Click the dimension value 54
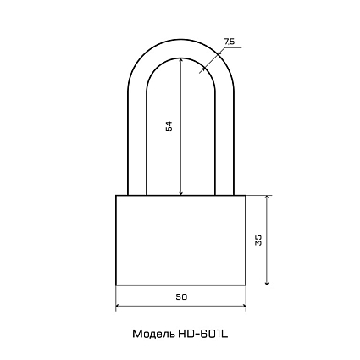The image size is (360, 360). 169,126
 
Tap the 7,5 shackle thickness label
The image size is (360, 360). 230,42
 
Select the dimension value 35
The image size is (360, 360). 258,240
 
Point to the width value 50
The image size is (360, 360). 181,297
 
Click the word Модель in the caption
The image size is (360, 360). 153,335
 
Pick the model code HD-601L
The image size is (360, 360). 202,334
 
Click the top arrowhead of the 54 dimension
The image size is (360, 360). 181,60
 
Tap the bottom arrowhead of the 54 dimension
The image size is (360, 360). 181,192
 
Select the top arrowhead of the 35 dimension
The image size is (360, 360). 267,197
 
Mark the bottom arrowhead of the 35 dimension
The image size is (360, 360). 267,282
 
